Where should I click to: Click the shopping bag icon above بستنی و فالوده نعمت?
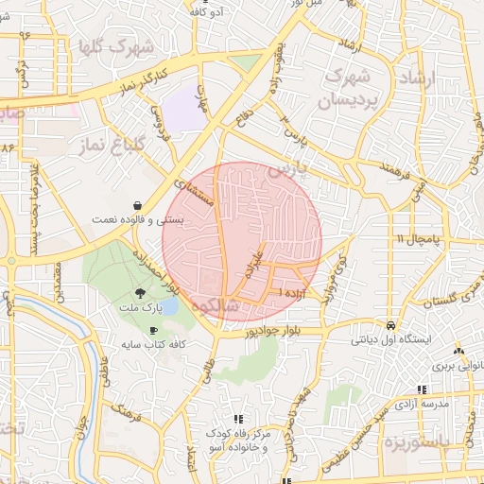[139, 204]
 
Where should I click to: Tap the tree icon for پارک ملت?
[140, 294]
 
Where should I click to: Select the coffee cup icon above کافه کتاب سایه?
[154, 330]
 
